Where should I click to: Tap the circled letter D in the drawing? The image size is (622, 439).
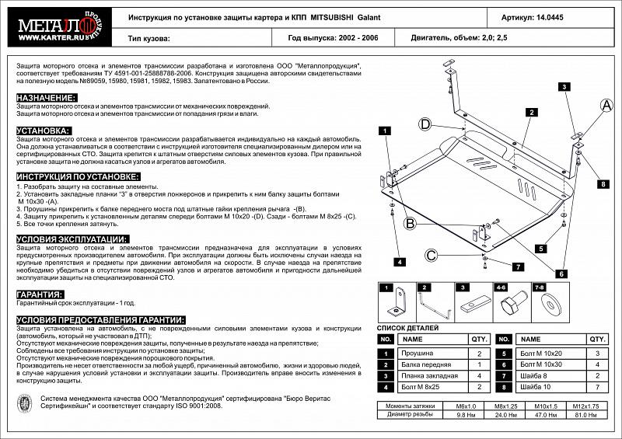point(426,124)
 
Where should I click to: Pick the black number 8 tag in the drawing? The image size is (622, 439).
point(603,184)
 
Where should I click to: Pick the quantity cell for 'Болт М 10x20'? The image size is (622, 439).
point(596,353)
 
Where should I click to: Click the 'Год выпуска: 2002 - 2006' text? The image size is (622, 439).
point(332,37)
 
